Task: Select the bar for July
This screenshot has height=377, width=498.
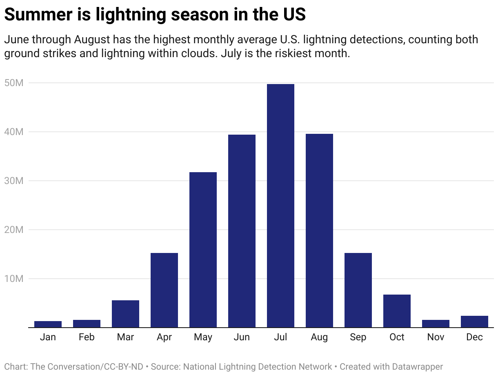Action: point(280,206)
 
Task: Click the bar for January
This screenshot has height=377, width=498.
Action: point(48,324)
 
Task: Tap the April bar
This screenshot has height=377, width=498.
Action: point(164,290)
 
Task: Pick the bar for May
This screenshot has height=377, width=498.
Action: point(203,250)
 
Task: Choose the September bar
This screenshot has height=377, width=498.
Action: point(358,290)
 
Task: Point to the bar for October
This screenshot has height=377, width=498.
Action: point(397,311)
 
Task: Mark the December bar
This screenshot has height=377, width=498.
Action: point(474,322)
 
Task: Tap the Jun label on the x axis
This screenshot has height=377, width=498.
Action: point(242,337)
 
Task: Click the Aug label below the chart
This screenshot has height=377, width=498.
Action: point(319,337)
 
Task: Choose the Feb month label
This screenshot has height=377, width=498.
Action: point(87,337)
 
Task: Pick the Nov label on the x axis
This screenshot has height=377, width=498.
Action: point(436,337)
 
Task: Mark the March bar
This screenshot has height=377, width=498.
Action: point(125,314)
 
